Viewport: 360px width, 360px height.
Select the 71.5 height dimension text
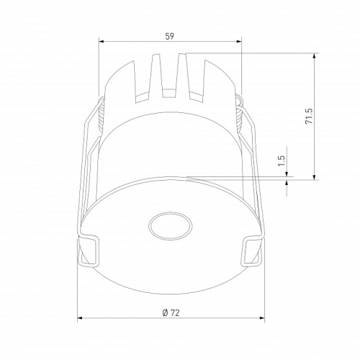point(308,117)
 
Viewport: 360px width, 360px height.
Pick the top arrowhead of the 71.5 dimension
point(315,55)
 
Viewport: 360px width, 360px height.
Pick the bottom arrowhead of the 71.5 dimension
point(315,176)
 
